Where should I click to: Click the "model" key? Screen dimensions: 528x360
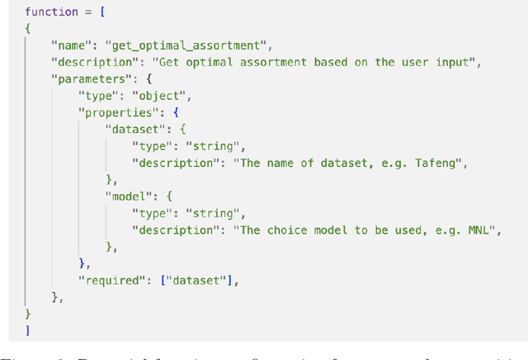(x=130, y=196)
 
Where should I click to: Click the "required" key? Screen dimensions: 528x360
(x=112, y=280)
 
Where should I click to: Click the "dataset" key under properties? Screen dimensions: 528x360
(x=135, y=128)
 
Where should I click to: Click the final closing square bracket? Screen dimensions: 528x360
(x=27, y=329)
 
